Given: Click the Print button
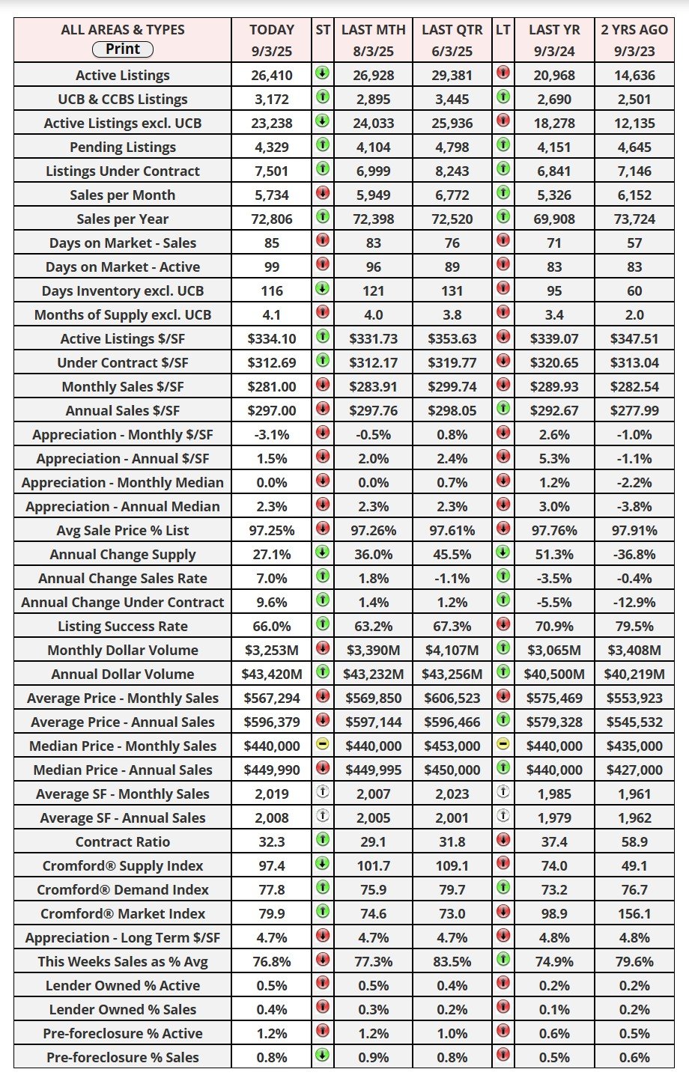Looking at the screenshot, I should point(123,49).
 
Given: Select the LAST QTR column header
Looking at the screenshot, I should point(452,30).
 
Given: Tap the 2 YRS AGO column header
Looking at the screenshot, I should point(634,30).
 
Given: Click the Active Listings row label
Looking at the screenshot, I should point(123,76).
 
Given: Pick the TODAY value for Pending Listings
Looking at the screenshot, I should point(272,147).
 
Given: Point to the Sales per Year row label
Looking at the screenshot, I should point(123,219).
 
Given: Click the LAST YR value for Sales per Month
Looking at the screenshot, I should point(554,195).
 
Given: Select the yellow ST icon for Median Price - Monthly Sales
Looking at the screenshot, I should point(322,746).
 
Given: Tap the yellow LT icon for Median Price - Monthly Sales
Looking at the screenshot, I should point(503,746).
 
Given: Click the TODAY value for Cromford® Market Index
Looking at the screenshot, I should point(272,913).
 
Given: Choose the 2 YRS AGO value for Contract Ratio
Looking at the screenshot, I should point(634,841).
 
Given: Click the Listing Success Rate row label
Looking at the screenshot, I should point(123,627).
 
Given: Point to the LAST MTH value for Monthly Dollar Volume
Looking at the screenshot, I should point(373,651).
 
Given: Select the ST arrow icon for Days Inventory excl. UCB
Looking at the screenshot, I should point(322,290).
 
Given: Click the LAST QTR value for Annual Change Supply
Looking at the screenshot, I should point(452,555).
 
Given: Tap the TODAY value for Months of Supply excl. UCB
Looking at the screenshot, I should point(272,315).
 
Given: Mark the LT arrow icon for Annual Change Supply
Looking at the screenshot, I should point(503,554).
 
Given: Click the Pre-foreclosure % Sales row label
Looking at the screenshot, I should point(123,1058).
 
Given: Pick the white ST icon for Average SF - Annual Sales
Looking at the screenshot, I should point(322,817).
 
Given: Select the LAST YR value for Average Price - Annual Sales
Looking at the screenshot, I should point(554,722).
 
